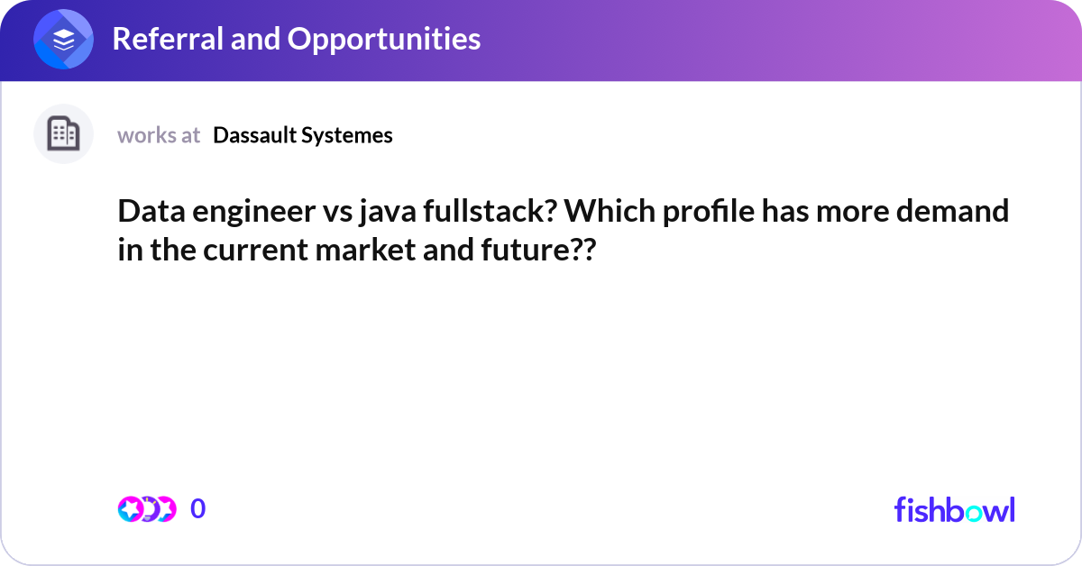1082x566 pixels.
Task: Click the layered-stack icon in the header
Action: tap(63, 40)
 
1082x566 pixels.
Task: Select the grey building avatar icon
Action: tap(63, 134)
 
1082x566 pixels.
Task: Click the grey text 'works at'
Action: tap(159, 135)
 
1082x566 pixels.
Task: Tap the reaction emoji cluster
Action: tap(146, 509)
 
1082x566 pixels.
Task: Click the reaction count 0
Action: tap(198, 509)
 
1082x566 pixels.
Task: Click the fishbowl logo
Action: tap(954, 509)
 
